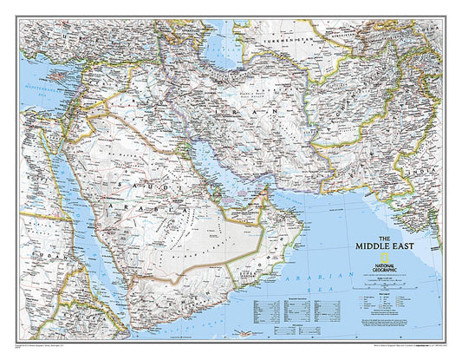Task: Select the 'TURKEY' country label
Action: point(78,43)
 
